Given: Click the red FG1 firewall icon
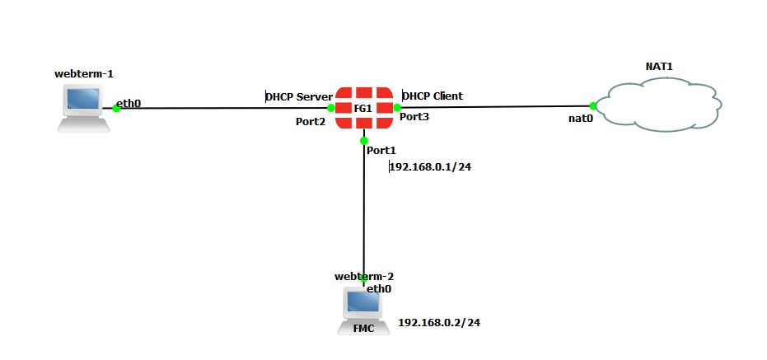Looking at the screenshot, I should [x=363, y=107].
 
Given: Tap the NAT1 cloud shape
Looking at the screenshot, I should [x=657, y=105].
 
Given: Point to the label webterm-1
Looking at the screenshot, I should [x=82, y=74].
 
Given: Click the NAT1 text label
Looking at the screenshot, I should [x=659, y=65].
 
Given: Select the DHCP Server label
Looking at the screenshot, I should [x=299, y=96].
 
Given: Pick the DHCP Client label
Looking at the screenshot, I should [x=433, y=96].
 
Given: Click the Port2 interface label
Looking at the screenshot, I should [x=311, y=122].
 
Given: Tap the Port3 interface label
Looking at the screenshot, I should [x=414, y=118].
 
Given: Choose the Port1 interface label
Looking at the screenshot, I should [x=381, y=151].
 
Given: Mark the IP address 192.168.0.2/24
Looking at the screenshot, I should [x=439, y=323].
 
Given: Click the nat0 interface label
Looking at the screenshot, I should [x=581, y=119].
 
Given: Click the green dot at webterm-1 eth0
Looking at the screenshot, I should [x=116, y=109].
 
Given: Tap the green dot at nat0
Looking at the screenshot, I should [x=593, y=105].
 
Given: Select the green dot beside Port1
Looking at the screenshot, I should [x=363, y=141].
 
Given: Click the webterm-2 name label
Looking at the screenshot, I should [x=358, y=276].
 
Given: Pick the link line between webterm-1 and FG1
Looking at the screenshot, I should [x=222, y=108].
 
